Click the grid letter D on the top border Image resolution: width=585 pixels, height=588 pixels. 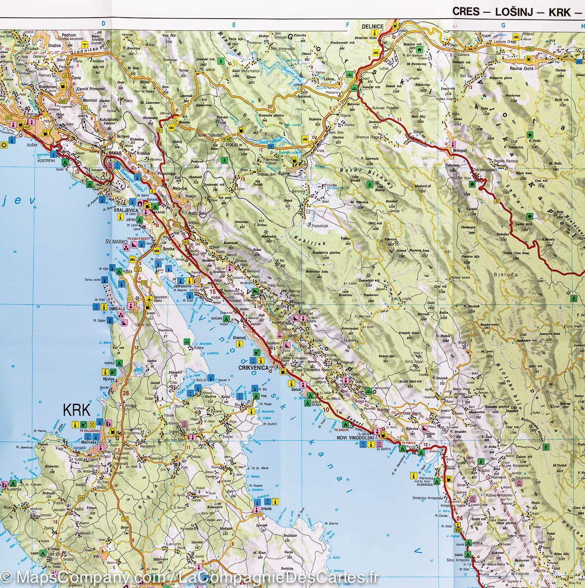point(103,23)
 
